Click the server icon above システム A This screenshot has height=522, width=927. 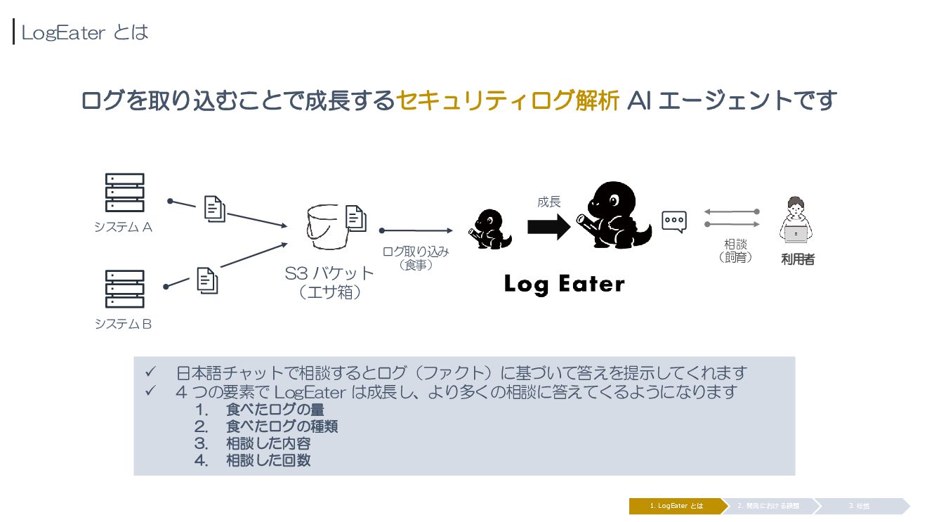124,193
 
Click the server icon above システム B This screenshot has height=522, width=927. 124,289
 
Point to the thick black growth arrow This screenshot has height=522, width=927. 548,226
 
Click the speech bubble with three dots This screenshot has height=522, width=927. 674,221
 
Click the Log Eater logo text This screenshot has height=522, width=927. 564,285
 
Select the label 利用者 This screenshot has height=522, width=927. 798,259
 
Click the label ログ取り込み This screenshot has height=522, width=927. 415,251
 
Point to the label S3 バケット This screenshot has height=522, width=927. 329,273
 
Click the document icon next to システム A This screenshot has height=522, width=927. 215,208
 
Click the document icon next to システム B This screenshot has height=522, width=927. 207,280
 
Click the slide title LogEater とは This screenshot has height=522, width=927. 84,32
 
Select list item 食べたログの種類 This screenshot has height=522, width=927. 282,426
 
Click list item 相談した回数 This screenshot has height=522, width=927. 268,461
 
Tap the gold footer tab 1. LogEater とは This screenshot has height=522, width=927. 676,506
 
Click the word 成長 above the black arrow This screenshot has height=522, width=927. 549,202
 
